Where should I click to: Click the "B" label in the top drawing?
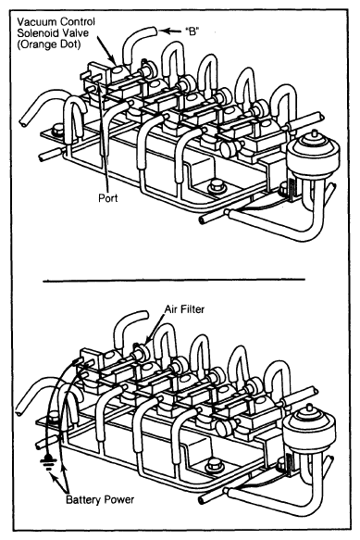point(192,31)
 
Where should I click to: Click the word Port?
point(107,198)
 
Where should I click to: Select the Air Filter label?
point(184,309)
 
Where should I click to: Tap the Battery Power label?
point(100,499)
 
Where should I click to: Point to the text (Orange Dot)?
point(48,44)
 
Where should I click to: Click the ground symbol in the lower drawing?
point(47,462)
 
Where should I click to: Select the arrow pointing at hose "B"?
point(170,31)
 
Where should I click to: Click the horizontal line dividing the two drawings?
point(174,280)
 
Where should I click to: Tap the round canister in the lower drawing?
point(308,426)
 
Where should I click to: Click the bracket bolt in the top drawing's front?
point(217,186)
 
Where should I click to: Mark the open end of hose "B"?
point(155,31)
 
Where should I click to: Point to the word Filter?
point(192,309)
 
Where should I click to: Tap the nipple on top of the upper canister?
point(314,133)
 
